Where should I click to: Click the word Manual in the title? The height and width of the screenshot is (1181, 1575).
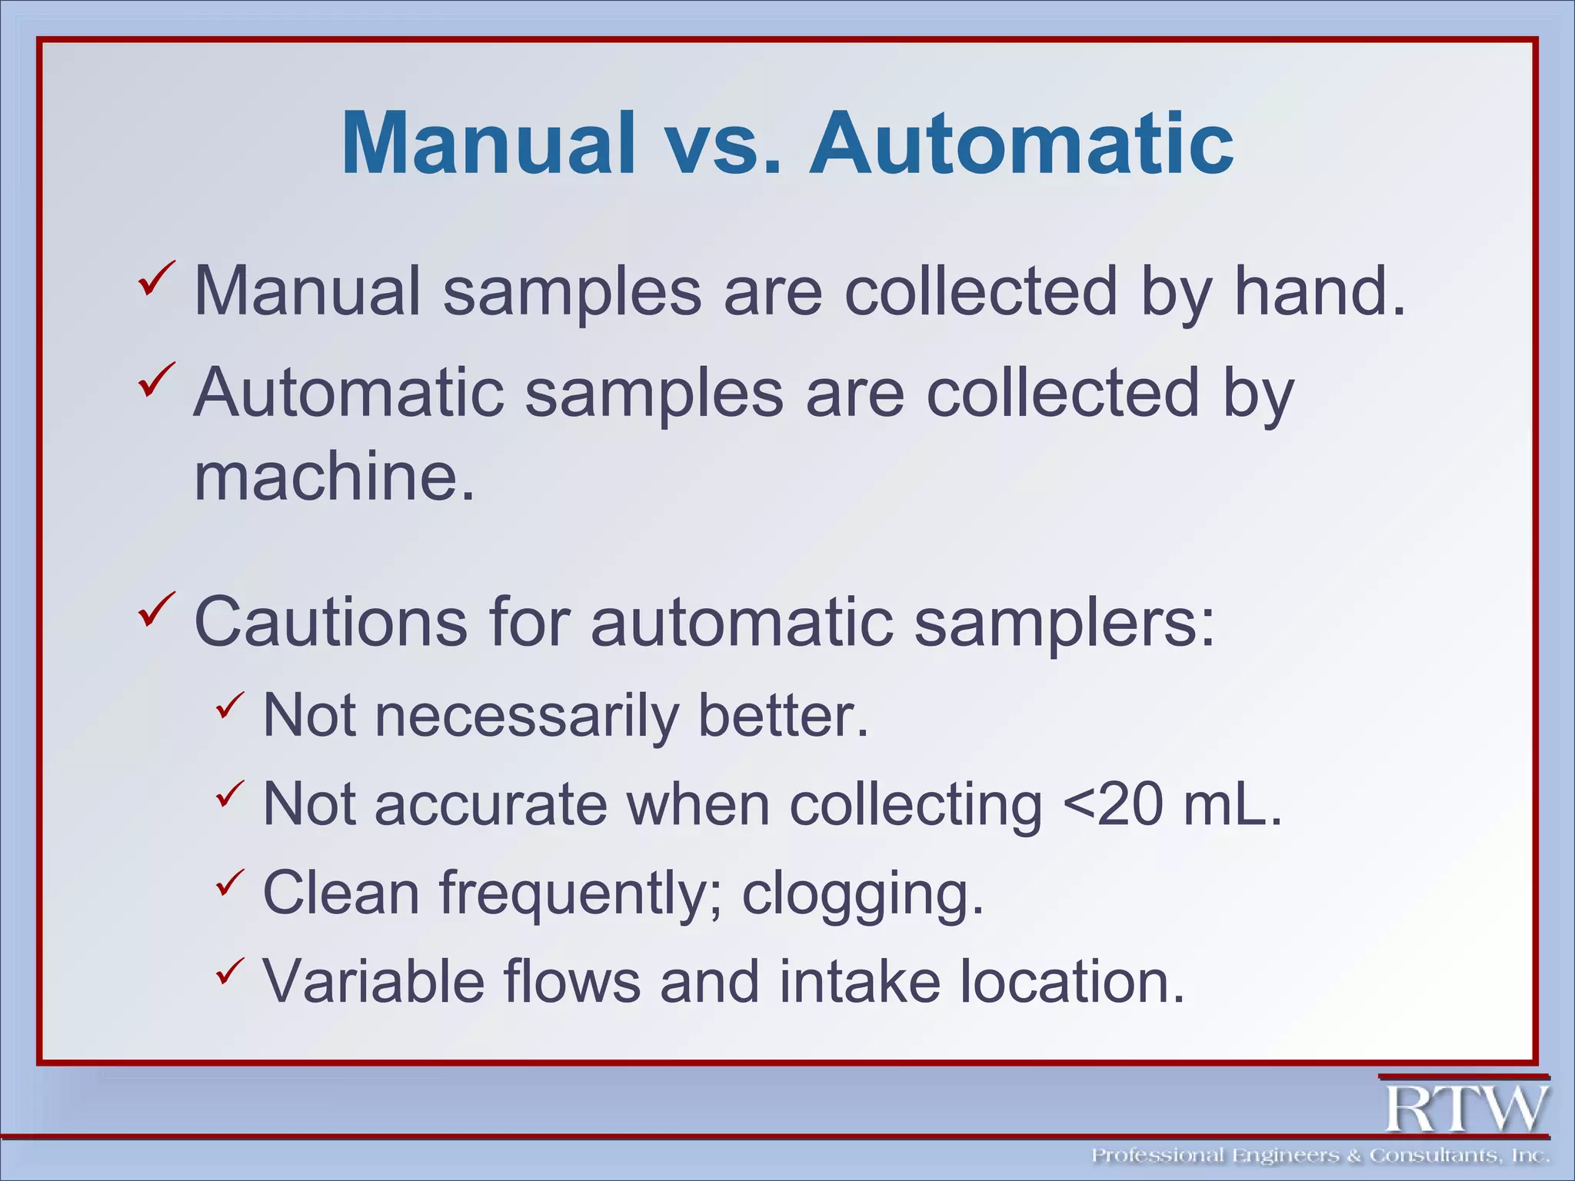[x=488, y=144]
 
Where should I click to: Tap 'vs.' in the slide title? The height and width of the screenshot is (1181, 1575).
[x=721, y=144]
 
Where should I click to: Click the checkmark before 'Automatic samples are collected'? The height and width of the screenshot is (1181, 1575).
[x=157, y=380]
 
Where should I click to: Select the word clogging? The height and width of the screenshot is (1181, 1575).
[x=862, y=893]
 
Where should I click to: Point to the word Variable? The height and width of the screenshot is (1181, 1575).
[x=374, y=981]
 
